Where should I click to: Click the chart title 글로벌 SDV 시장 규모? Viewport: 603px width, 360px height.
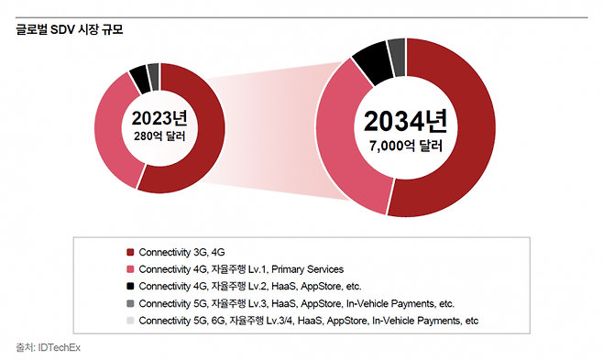[70, 30]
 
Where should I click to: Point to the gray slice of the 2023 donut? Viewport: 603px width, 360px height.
[153, 72]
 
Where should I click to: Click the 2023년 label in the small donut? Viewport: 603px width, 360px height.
[159, 118]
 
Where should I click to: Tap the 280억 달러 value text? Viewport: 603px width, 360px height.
[159, 136]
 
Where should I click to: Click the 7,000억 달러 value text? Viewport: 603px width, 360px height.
[404, 147]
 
